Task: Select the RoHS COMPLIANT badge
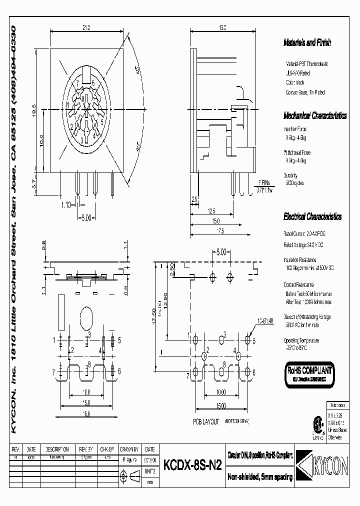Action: tap(308, 372)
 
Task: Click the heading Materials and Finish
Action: tap(306, 43)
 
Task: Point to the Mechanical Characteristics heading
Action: tap(314, 115)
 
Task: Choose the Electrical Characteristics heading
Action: tap(312, 217)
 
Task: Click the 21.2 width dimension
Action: tap(86, 27)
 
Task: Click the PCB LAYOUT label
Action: tap(206, 421)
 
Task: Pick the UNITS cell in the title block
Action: tap(149, 470)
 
